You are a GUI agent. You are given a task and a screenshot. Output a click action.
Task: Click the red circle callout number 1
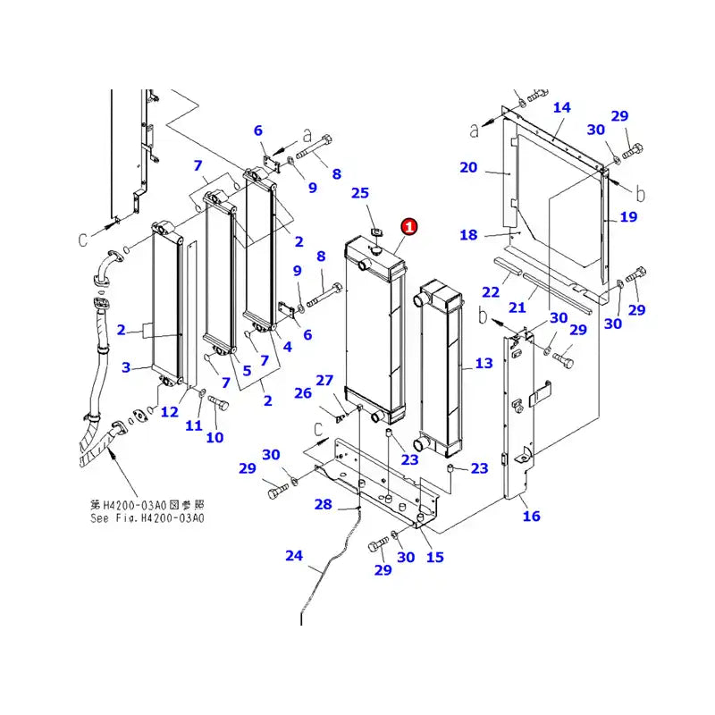pos(409,227)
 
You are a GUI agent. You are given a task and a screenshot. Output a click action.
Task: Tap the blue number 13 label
pos(484,363)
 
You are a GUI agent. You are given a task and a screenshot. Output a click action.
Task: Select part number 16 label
pos(532,516)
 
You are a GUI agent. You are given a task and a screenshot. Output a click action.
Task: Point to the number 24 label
pos(294,556)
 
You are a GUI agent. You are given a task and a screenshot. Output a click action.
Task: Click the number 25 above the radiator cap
pos(360,193)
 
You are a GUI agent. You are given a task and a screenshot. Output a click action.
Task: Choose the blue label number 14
pos(561,108)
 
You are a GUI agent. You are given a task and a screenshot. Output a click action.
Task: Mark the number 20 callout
pos(468,167)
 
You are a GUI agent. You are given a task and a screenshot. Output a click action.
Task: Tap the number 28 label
pos(323,505)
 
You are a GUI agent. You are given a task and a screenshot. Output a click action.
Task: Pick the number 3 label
pos(126,367)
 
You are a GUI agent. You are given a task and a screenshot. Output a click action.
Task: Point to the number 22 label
pos(490,292)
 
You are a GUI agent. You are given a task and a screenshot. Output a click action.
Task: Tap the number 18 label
pos(468,234)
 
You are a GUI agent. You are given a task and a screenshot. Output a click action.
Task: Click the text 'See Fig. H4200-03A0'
pos(147,517)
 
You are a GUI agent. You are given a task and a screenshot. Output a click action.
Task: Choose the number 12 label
pos(170,411)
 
